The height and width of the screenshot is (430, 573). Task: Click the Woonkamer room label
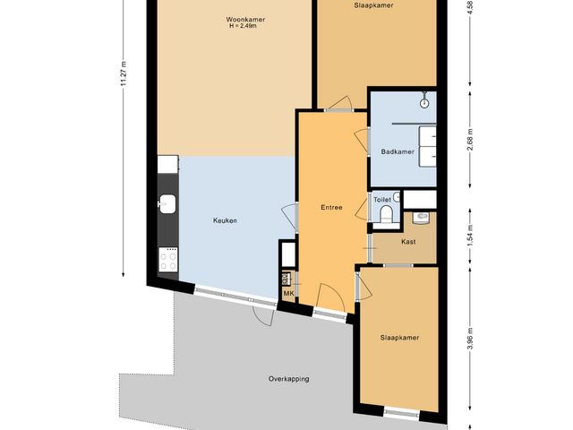(245, 20)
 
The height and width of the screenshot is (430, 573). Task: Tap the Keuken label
(225, 220)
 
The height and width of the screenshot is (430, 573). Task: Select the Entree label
(331, 207)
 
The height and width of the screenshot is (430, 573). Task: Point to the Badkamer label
(398, 151)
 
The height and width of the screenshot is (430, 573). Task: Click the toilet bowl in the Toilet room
(386, 214)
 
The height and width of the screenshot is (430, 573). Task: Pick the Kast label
(408, 242)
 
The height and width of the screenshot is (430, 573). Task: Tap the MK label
(288, 293)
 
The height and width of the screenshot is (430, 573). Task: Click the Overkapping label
(288, 379)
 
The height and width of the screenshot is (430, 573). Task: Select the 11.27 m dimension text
(124, 73)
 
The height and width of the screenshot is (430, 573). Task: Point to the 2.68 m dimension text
(470, 140)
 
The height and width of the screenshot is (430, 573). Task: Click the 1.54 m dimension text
(470, 235)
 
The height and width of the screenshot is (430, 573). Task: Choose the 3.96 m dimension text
(470, 339)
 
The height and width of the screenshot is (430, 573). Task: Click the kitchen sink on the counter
(167, 203)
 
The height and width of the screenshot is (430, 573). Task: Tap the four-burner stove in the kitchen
(168, 259)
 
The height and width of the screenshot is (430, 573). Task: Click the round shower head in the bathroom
(423, 104)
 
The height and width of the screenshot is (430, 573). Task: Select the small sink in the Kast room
(421, 217)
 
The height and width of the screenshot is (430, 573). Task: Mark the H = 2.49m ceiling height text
(243, 26)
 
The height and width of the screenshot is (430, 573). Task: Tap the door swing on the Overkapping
(263, 315)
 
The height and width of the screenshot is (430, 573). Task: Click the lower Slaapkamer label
(399, 338)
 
